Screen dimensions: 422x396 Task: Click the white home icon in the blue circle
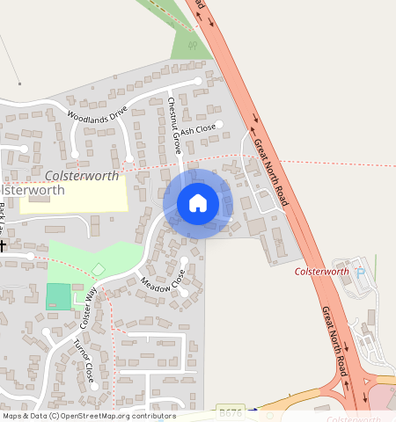pos(198,203)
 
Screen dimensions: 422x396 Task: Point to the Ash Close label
pos(198,130)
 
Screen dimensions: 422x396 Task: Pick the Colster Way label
pos(87,303)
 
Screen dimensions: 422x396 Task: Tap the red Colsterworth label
pos(322,272)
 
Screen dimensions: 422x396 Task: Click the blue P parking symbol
pos(359,272)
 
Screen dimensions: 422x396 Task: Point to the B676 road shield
pos(231,411)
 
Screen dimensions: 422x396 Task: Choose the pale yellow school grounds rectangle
pos(75,193)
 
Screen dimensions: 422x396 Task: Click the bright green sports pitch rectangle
pos(58,296)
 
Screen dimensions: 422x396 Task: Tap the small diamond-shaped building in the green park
pos(98,269)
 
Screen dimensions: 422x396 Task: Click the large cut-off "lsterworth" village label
pos(33,190)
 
